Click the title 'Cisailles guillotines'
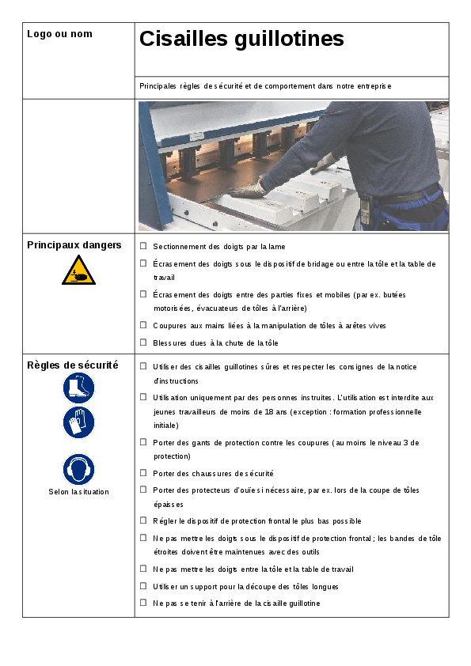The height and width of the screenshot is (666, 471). click(x=241, y=39)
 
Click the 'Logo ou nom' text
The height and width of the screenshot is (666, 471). click(x=59, y=34)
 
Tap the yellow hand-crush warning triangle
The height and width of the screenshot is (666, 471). click(x=78, y=271)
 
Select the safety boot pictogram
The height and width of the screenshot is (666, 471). click(x=78, y=388)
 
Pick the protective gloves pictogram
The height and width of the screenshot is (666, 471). click(x=78, y=422)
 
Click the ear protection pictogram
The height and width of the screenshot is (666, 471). click(x=78, y=469)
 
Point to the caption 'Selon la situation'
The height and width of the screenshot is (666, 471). click(x=78, y=492)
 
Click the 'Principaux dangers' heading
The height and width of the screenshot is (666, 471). click(x=74, y=245)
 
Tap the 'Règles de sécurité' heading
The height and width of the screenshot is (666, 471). click(x=73, y=365)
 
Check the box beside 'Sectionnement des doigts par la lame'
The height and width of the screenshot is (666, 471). click(x=144, y=246)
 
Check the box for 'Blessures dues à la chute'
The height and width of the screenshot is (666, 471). click(x=144, y=342)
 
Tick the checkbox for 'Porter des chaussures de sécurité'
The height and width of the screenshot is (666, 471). click(x=144, y=473)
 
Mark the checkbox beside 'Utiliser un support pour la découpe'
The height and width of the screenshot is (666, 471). click(x=144, y=586)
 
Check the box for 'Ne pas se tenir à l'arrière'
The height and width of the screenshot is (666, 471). click(x=144, y=603)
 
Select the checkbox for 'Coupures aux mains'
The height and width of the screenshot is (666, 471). click(x=144, y=325)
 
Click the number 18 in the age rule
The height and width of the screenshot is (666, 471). click(x=269, y=411)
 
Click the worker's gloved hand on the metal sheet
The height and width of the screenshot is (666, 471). click(x=249, y=189)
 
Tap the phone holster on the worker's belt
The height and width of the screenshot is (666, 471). click(x=366, y=210)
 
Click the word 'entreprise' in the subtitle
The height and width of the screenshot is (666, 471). click(x=374, y=86)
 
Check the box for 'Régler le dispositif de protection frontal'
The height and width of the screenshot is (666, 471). click(x=144, y=520)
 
